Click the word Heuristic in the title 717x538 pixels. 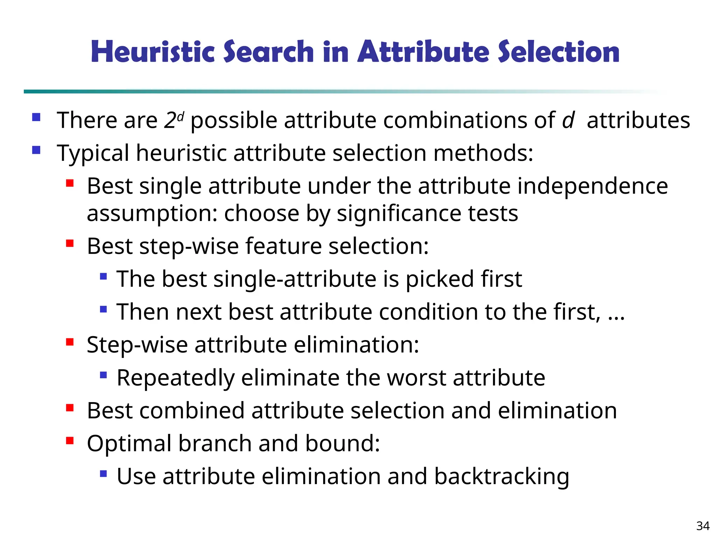tap(152, 52)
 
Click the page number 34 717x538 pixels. tap(703, 526)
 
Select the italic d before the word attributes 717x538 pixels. tap(568, 120)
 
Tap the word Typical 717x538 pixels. tap(93, 153)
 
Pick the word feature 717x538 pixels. tap(283, 246)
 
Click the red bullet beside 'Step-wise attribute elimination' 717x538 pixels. tap(70, 342)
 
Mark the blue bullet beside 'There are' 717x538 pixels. tap(36, 117)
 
